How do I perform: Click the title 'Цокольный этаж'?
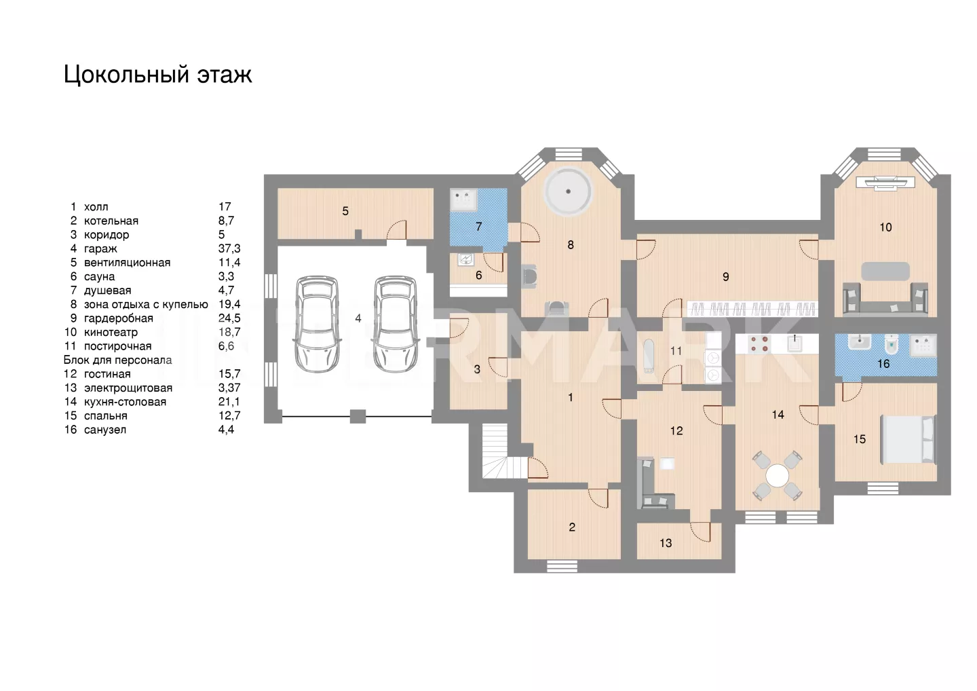[157, 75]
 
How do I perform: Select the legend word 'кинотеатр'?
[111, 332]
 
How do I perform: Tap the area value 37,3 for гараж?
[229, 248]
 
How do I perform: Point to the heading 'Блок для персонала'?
[118, 360]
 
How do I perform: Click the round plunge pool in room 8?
[569, 191]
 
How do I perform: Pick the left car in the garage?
[317, 324]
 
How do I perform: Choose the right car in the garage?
[395, 324]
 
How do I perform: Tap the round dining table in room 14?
[778, 476]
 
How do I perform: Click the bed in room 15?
[908, 439]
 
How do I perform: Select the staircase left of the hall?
[495, 451]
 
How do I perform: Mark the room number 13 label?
[666, 543]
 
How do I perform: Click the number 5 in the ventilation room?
[345, 211]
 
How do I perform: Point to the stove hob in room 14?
[759, 343]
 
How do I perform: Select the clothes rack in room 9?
[752, 309]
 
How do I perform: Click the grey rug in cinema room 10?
[885, 272]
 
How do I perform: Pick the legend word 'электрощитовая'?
[128, 388]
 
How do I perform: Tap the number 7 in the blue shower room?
[479, 227]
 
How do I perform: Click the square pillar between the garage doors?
[358, 416]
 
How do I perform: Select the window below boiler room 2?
[562, 566]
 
